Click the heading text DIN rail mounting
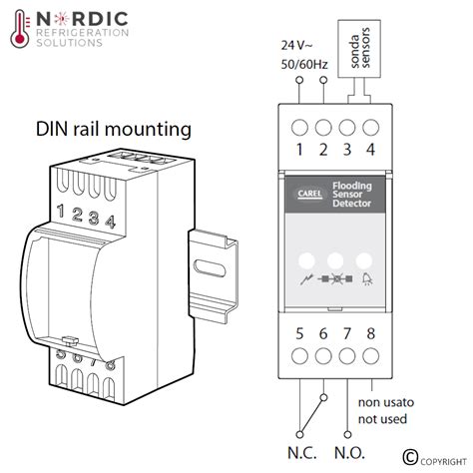coord(114,129)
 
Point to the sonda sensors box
coord(361,48)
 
